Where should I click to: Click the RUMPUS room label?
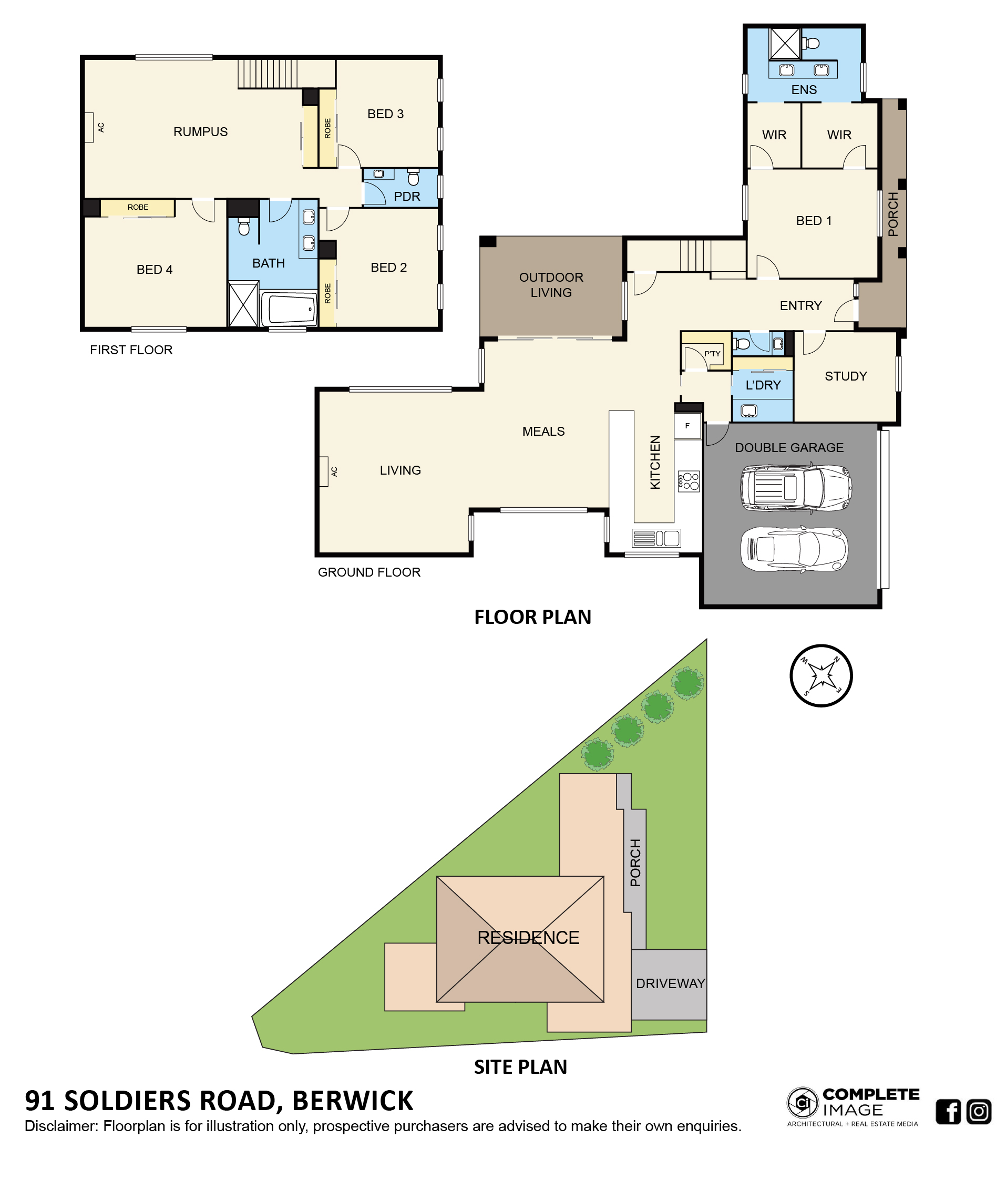point(200,131)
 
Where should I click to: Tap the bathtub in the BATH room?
point(289,309)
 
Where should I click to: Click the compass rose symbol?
point(821,676)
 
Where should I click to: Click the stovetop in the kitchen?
point(689,481)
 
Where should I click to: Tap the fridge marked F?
point(687,426)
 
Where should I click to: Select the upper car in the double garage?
point(796,487)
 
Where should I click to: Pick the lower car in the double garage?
point(794,549)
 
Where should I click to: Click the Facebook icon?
point(948,1111)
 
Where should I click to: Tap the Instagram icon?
point(979,1111)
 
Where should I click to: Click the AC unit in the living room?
point(324,471)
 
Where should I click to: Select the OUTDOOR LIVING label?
point(551,285)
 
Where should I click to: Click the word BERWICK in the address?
point(352,1101)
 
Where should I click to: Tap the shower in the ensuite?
point(785,43)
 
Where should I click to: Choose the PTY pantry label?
point(712,354)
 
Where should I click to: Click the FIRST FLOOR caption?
point(131,350)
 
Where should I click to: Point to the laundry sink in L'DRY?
point(748,411)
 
